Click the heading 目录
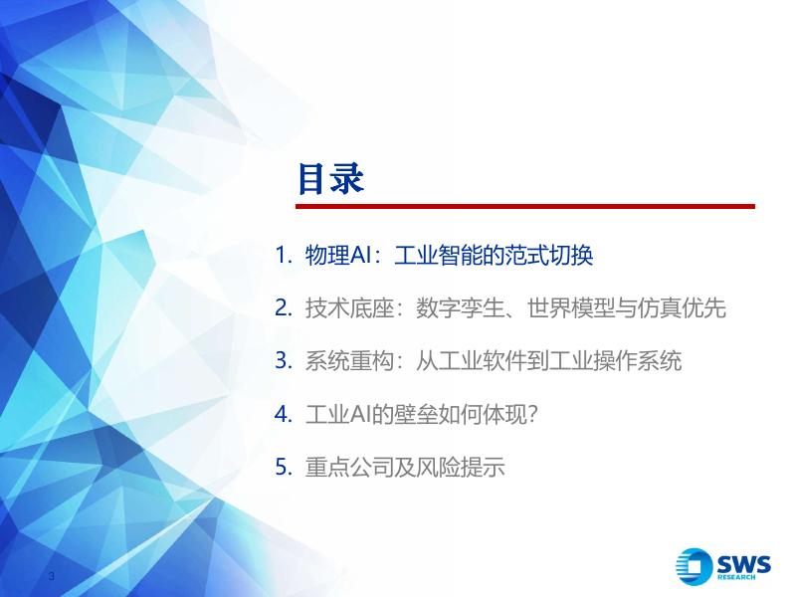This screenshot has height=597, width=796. (x=330, y=179)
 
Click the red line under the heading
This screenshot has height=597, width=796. (x=525, y=206)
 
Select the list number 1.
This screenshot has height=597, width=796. (x=284, y=255)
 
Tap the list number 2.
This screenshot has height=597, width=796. (x=284, y=308)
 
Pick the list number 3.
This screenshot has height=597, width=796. (x=284, y=361)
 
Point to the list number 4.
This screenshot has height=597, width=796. (x=284, y=414)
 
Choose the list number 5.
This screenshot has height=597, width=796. (x=284, y=467)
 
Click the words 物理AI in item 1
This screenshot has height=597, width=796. (x=335, y=255)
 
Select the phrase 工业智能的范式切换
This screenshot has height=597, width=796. (x=494, y=255)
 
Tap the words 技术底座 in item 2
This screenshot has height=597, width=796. (x=349, y=308)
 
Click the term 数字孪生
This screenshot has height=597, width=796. (x=460, y=308)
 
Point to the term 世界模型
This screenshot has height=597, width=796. (x=571, y=308)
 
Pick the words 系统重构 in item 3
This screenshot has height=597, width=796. (x=349, y=361)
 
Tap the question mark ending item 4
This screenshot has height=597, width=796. (x=532, y=415)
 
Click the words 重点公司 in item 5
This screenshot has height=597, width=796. (x=349, y=467)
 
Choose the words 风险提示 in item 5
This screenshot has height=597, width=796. (x=461, y=467)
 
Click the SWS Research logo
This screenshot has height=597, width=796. (x=723, y=566)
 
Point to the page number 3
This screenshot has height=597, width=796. (x=51, y=576)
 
